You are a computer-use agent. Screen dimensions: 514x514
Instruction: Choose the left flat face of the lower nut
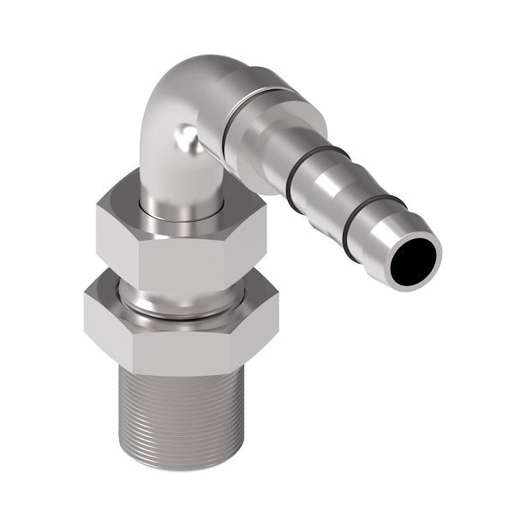pos(105,317)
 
